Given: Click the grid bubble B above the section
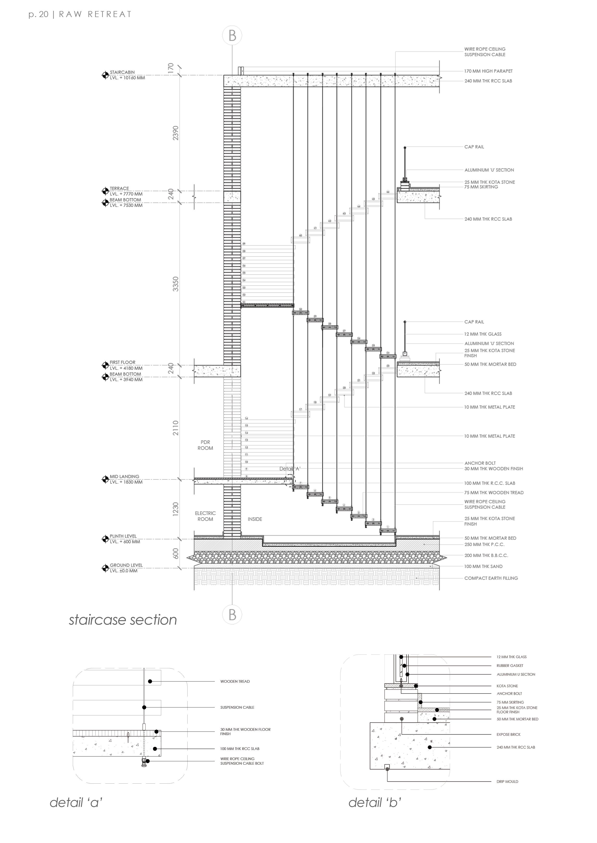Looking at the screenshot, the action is pos(232,36).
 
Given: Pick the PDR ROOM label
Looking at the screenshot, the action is pos(205,445).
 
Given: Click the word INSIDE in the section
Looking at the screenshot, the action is pos(255,519).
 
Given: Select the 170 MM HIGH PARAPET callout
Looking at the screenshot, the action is pos(488,71).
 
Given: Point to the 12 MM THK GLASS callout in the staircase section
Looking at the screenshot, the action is pos(483,334).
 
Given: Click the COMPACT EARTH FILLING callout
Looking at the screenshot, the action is pos(491,578).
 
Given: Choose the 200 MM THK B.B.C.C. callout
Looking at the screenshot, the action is pos(486,555).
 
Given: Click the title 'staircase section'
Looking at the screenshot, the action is pos(123,620).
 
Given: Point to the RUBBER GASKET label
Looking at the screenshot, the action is pos(510,665).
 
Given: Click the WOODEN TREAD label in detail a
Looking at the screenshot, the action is pos(235,681).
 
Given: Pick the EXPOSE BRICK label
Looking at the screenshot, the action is pos(508,734).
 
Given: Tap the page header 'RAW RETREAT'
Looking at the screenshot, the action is pos(95,14).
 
